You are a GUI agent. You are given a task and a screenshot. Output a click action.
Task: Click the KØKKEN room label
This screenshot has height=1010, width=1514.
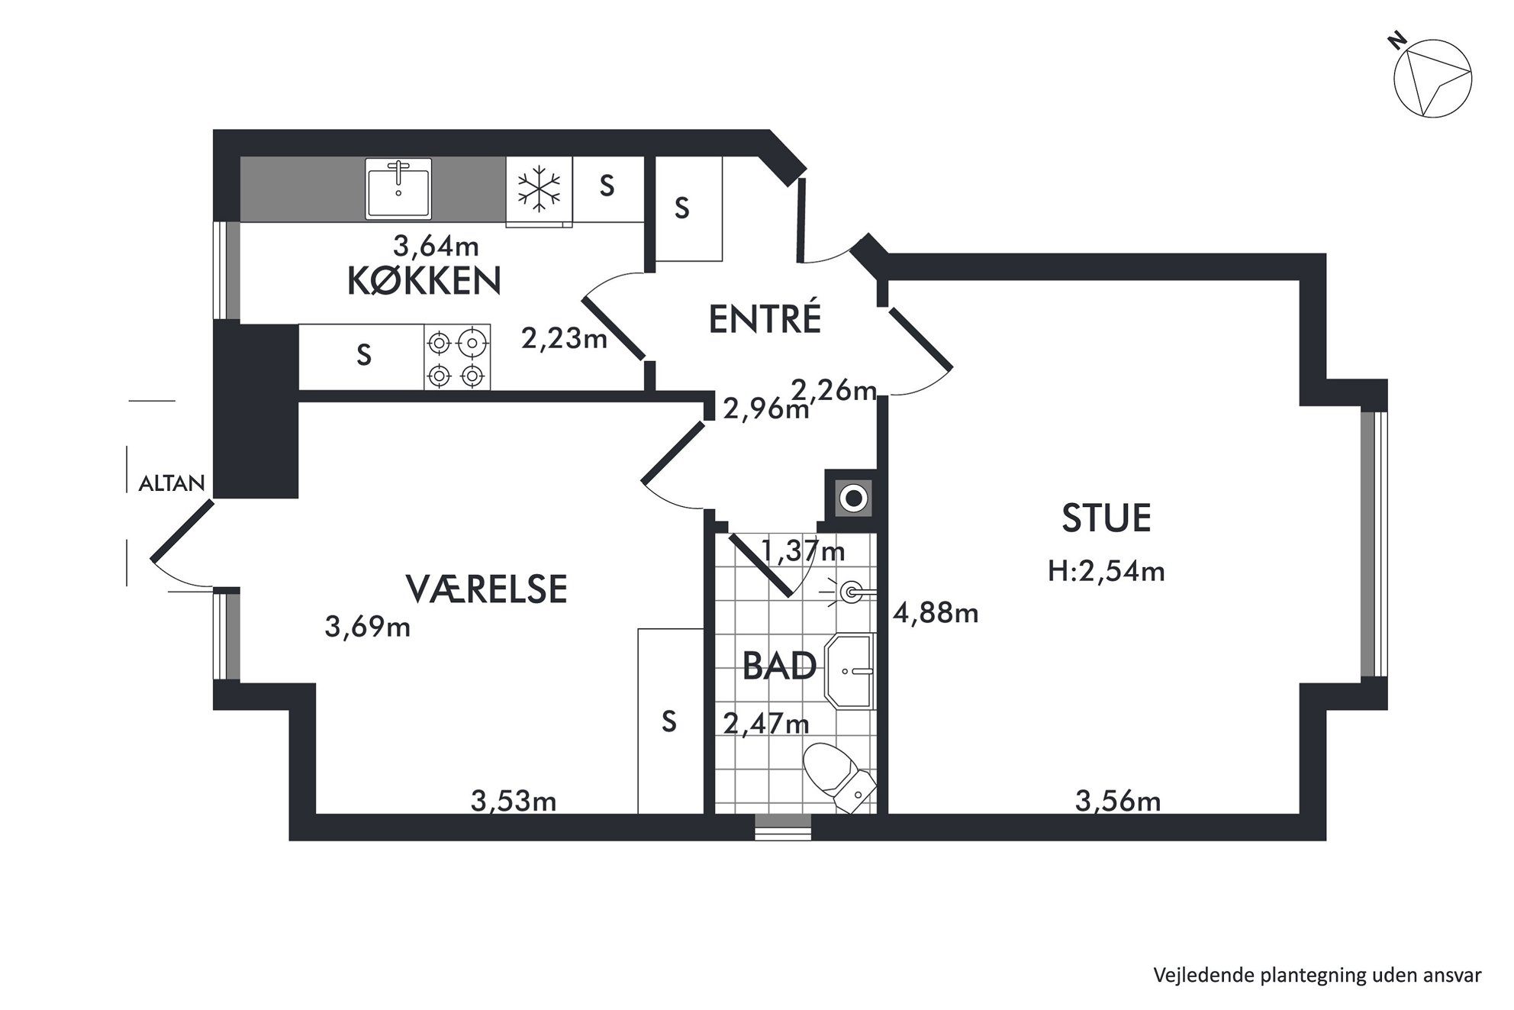[x=424, y=281]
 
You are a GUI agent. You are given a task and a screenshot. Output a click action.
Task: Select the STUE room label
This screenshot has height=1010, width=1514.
[x=1107, y=518]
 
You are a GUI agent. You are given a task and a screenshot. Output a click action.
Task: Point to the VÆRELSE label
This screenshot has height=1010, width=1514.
[x=486, y=589]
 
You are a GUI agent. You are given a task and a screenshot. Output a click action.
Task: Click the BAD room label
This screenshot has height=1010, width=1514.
[x=780, y=666]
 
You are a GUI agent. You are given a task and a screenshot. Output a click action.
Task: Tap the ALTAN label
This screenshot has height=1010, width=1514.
[x=172, y=483]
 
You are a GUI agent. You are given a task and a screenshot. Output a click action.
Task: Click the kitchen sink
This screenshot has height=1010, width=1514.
[x=398, y=189]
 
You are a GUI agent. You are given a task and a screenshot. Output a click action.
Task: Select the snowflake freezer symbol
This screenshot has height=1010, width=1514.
[x=539, y=189]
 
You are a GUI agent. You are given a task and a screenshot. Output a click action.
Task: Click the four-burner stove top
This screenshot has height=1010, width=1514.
[x=457, y=357]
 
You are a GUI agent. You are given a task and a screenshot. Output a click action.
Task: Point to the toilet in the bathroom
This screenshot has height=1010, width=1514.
[x=839, y=777]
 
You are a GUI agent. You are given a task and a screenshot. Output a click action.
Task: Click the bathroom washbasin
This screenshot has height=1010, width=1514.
[x=849, y=671]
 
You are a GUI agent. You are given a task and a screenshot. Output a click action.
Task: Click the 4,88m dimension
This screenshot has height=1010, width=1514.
[x=936, y=613]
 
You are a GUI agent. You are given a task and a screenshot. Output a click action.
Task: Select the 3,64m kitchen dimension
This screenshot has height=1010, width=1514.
[x=436, y=246]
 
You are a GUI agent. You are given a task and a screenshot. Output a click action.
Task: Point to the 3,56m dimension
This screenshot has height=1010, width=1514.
[x=1118, y=801]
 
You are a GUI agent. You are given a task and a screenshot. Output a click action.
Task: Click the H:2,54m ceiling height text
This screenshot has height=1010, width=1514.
[x=1107, y=571]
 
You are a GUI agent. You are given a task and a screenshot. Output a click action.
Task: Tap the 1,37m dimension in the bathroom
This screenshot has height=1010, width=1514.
[x=804, y=550]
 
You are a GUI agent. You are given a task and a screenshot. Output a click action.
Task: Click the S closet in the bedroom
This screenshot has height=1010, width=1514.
[x=670, y=721]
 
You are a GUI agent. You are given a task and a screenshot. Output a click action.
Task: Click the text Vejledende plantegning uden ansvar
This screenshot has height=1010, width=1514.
[x=1317, y=975]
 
